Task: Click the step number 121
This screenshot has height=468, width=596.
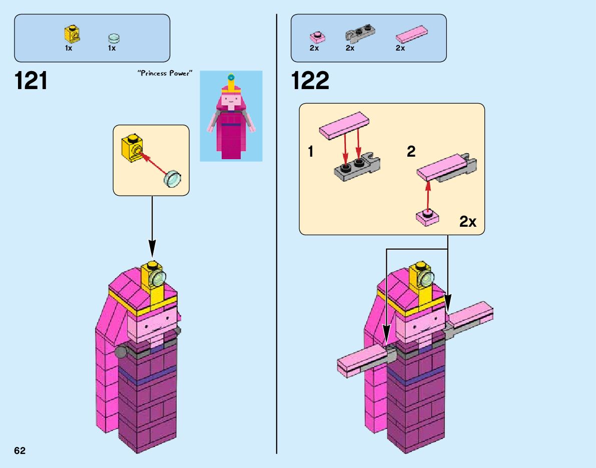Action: click(32, 81)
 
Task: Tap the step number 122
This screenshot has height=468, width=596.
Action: click(310, 81)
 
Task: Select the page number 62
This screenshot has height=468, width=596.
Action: click(20, 450)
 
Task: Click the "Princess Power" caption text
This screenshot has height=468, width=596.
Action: click(165, 74)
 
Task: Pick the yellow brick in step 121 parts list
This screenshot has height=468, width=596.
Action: click(73, 35)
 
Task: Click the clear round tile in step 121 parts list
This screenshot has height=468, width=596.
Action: click(114, 38)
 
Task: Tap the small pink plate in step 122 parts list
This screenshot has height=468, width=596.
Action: click(317, 37)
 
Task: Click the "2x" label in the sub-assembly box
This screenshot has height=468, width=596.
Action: click(467, 222)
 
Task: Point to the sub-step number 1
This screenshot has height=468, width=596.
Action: click(311, 152)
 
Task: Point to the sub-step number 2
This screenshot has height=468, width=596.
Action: click(411, 152)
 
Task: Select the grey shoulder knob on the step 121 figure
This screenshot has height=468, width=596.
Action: click(121, 352)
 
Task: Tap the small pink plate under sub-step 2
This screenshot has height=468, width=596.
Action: click(427, 218)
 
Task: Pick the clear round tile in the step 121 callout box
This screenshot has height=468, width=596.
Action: click(173, 179)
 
